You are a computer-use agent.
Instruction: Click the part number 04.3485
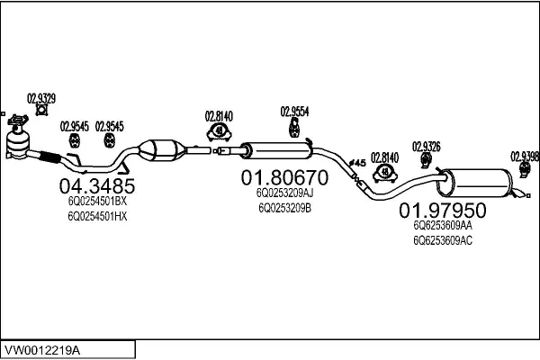pos(96,186)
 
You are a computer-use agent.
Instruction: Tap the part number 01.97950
pos(442,211)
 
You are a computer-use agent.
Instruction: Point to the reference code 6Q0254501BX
pos(97,202)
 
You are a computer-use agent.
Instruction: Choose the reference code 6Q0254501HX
pos(97,217)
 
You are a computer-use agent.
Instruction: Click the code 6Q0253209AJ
pos(284,193)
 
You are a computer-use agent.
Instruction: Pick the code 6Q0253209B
pos(284,207)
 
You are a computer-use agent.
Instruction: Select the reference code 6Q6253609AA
pos(443,227)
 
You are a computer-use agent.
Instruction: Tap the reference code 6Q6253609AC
pos(443,241)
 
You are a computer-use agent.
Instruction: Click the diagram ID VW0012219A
pos(45,347)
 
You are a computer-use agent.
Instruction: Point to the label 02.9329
pos(41,98)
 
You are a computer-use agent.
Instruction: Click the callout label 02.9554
pos(294,112)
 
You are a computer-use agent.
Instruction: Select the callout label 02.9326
pos(426,147)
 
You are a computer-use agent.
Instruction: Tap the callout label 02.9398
pos(525,155)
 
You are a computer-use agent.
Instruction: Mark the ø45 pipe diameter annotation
pos(355,162)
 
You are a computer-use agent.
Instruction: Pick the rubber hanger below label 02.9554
pos(293,131)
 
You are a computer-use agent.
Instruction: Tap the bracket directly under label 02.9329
pos(40,112)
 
